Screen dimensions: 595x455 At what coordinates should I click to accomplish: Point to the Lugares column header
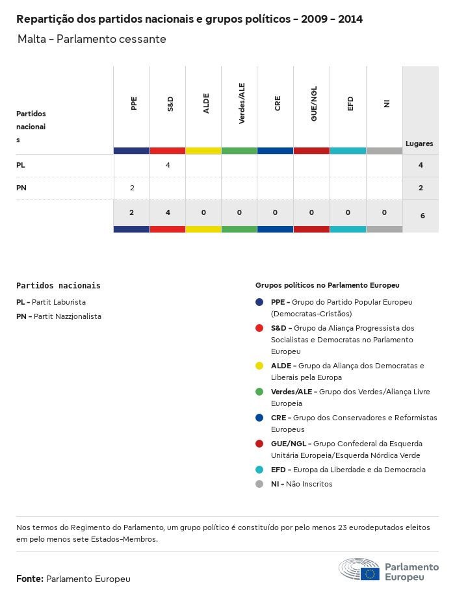419,144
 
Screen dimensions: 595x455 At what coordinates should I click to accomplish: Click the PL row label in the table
21,166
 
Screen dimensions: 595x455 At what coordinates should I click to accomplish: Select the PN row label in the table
21,188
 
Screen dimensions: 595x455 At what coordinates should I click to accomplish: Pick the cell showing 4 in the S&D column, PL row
168,166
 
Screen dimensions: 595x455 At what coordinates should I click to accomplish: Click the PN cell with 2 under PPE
132,188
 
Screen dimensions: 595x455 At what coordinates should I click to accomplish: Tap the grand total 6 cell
422,215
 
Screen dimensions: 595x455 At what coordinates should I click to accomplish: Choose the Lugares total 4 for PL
421,166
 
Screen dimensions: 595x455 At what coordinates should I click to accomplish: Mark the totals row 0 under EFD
348,212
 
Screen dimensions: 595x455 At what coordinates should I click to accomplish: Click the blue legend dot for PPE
259,302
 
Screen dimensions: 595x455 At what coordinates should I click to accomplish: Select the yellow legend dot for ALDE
259,366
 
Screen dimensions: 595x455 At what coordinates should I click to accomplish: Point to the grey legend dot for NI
259,484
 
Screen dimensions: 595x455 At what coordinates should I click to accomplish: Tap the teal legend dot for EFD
259,470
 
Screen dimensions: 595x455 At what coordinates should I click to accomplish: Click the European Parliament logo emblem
359,569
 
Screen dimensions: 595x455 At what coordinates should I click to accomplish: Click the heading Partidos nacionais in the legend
58,285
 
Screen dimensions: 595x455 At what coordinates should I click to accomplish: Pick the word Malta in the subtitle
32,39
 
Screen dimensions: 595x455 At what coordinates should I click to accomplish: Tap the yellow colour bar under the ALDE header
203,151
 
